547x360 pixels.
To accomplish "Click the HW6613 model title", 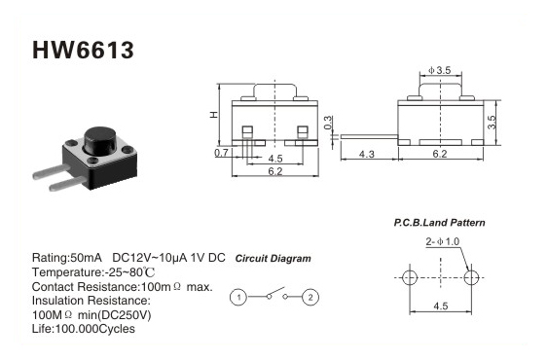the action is pos(83,50).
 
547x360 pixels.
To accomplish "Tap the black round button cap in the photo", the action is pos(100,140).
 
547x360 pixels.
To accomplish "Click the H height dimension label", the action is pos(213,115).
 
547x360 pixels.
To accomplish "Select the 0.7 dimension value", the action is pos(221,153).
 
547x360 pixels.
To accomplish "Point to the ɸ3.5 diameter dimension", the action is pos(440,70).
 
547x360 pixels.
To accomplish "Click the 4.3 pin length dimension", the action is pos(367,154).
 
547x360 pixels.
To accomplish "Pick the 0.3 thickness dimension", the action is pos(328,123).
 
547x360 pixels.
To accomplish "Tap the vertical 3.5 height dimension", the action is pos(492,122).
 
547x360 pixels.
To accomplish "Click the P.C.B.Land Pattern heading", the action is pos(440,223).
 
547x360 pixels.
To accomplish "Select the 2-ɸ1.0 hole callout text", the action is pos(442,241).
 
